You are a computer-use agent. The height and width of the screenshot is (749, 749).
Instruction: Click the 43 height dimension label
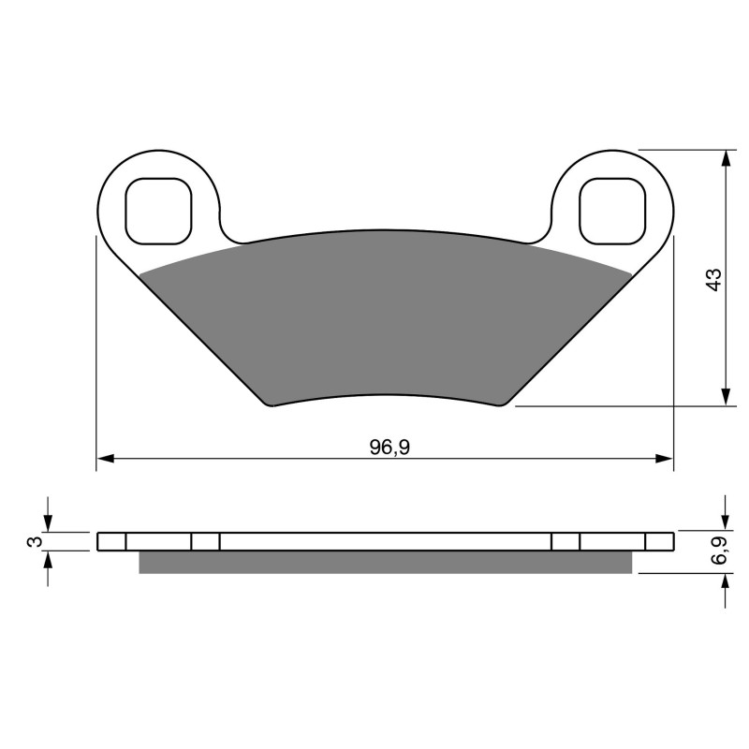pos(713,279)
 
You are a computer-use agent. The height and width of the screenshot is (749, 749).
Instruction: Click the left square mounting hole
pos(157,209)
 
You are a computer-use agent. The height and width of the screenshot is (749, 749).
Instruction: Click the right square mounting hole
pos(612,209)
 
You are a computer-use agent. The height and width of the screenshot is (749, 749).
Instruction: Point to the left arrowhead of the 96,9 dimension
pos(105,459)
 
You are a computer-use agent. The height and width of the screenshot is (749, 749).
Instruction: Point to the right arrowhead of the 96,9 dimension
pos(665,459)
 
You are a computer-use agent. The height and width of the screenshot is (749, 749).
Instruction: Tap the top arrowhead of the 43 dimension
pos(726,157)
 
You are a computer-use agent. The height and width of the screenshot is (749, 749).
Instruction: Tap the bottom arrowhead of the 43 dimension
pos(726,397)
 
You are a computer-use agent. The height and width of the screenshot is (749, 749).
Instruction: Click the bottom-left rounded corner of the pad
pos(271,403)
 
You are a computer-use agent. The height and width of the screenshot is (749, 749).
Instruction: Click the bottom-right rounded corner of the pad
pos(507,403)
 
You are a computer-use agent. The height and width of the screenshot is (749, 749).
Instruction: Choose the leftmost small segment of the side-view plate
pos(111,542)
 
